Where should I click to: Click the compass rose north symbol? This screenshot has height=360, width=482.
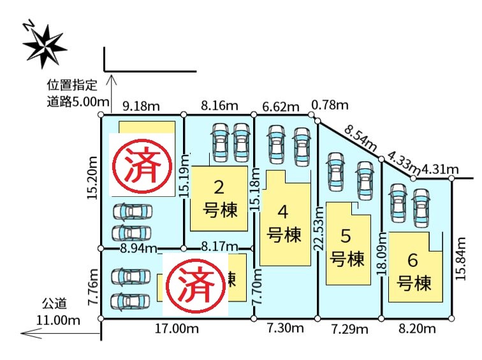tap(45, 45)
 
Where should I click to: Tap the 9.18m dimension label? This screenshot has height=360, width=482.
tap(141, 106)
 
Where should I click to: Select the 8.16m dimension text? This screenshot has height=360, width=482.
tap(219, 106)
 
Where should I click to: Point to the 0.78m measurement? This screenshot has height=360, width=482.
tap(330, 105)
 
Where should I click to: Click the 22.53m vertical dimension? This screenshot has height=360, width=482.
tap(319, 228)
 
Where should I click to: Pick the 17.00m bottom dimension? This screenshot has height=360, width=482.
tap(177, 329)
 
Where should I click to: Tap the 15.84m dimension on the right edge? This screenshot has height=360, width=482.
tap(460, 258)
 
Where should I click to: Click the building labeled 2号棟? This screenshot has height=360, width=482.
tap(219, 199)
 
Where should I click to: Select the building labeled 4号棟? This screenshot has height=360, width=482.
tap(285, 219)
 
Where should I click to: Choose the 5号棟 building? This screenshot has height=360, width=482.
tap(348, 243)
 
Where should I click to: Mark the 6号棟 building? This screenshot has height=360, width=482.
tap(415, 267)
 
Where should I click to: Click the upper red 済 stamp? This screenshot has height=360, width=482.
tap(142, 166)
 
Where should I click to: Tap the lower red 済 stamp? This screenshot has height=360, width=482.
tap(195, 285)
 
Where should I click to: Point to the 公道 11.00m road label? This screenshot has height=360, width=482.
tap(58, 312)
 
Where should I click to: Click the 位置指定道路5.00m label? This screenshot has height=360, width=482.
tap(78, 94)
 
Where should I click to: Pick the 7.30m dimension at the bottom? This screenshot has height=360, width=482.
tap(285, 328)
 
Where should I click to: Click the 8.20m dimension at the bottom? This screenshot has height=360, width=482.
tap(417, 329)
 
